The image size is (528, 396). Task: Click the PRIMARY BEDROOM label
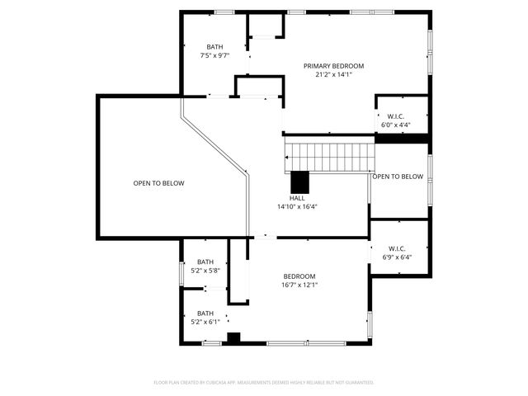click(x=333, y=66)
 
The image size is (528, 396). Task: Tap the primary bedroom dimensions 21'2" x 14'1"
click(x=333, y=75)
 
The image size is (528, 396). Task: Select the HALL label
click(x=297, y=198)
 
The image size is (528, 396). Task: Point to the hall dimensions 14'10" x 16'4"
click(x=297, y=207)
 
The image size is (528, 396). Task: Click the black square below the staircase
click(x=299, y=181)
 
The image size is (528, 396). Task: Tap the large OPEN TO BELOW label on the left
click(x=159, y=183)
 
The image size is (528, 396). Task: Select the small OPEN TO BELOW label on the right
click(x=398, y=177)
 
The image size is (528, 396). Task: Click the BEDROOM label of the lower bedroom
click(x=299, y=276)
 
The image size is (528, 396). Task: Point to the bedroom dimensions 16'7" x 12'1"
click(x=299, y=285)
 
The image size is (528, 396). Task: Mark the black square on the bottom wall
click(x=233, y=337)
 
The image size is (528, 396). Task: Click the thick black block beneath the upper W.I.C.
click(x=402, y=138)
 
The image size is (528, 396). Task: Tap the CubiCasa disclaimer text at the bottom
click(x=264, y=383)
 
